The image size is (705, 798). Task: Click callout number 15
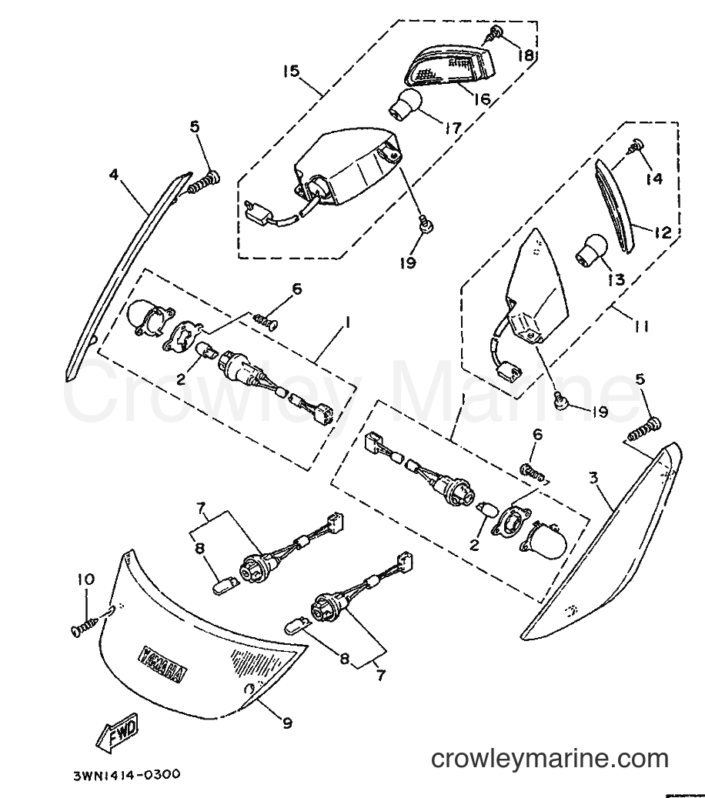[x=292, y=71]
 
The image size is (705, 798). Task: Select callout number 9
[x=288, y=723]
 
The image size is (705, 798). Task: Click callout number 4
[x=113, y=175]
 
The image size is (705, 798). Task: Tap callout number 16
[x=482, y=98]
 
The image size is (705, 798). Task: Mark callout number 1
[x=348, y=322]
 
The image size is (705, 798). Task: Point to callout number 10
[x=86, y=579]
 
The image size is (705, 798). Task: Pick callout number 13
[x=616, y=279]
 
